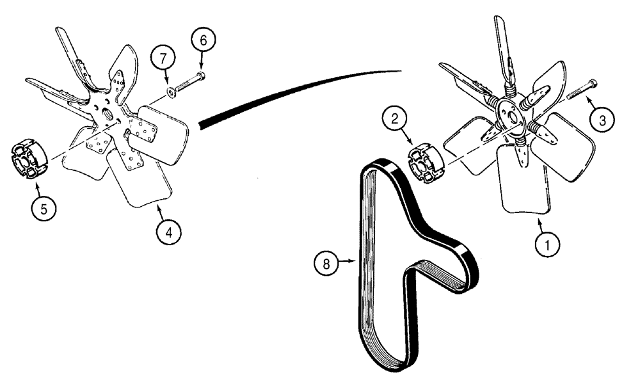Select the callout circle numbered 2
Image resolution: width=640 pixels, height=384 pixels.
(x=396, y=118)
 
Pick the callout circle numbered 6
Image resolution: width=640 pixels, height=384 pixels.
(x=204, y=40)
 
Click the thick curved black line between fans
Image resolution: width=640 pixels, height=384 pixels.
(x=294, y=88)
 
